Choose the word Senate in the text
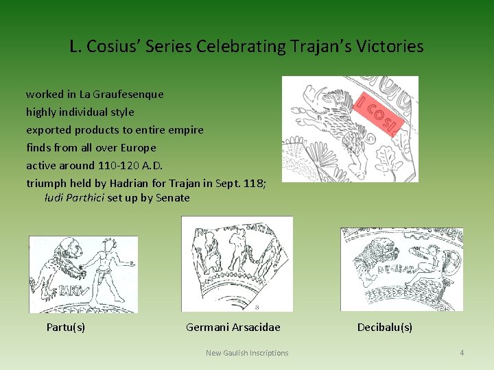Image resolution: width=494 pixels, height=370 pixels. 173,198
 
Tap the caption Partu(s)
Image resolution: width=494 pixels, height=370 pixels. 66,327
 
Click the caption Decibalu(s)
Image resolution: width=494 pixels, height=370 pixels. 385,327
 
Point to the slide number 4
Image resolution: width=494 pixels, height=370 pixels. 462,353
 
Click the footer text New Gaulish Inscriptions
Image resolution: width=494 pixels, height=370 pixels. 247,353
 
